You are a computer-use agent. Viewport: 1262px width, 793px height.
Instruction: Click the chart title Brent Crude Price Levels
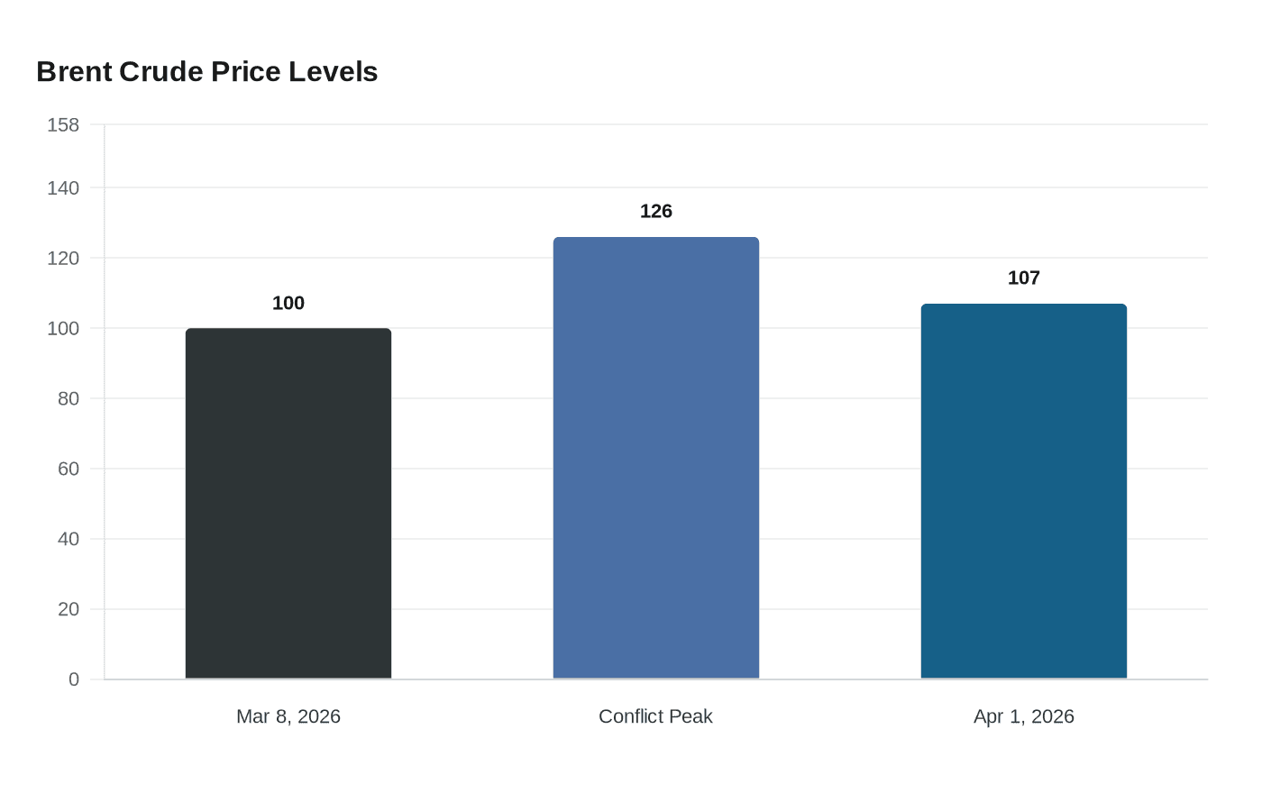click(206, 71)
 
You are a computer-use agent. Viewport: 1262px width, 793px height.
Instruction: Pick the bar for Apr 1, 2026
click(1024, 491)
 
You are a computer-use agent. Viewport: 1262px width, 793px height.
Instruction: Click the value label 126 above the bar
click(656, 211)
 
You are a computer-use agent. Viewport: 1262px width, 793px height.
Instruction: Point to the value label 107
click(1024, 278)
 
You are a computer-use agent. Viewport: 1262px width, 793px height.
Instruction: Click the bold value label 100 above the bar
click(288, 303)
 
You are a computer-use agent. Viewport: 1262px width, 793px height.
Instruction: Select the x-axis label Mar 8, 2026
click(288, 716)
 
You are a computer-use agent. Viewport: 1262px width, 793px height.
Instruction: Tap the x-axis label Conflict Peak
click(656, 716)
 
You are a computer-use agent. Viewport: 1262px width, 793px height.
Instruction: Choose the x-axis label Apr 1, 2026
click(1024, 716)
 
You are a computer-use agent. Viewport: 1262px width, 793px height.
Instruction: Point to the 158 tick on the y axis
click(63, 124)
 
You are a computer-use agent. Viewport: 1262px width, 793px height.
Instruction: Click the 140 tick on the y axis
click(63, 187)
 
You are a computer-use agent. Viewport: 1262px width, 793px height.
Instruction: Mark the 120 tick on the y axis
click(63, 258)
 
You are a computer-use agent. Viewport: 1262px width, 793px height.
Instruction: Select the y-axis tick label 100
click(63, 328)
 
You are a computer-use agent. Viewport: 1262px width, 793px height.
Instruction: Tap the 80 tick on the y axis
click(69, 398)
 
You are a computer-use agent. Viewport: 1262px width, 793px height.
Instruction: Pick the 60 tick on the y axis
click(69, 469)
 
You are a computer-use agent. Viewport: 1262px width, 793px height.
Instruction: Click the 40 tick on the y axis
click(69, 539)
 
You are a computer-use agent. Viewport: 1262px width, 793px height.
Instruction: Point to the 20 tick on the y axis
click(69, 609)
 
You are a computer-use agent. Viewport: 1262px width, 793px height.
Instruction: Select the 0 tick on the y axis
click(74, 679)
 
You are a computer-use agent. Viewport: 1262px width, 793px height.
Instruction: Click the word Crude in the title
click(160, 71)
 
